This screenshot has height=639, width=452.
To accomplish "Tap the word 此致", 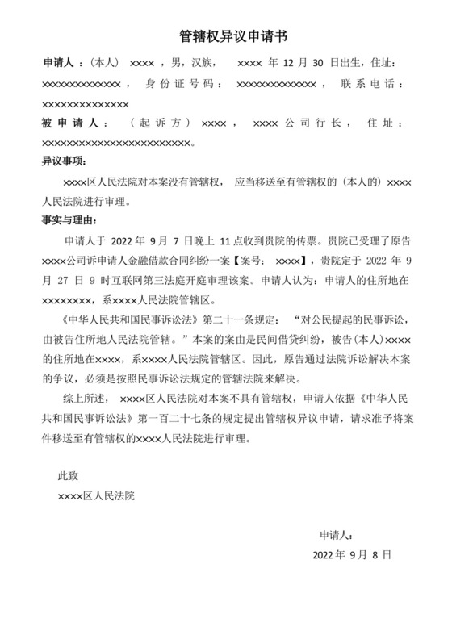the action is pyautogui.click(x=68, y=476).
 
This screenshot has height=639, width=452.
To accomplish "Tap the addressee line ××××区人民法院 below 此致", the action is pyautogui.click(x=96, y=495).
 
